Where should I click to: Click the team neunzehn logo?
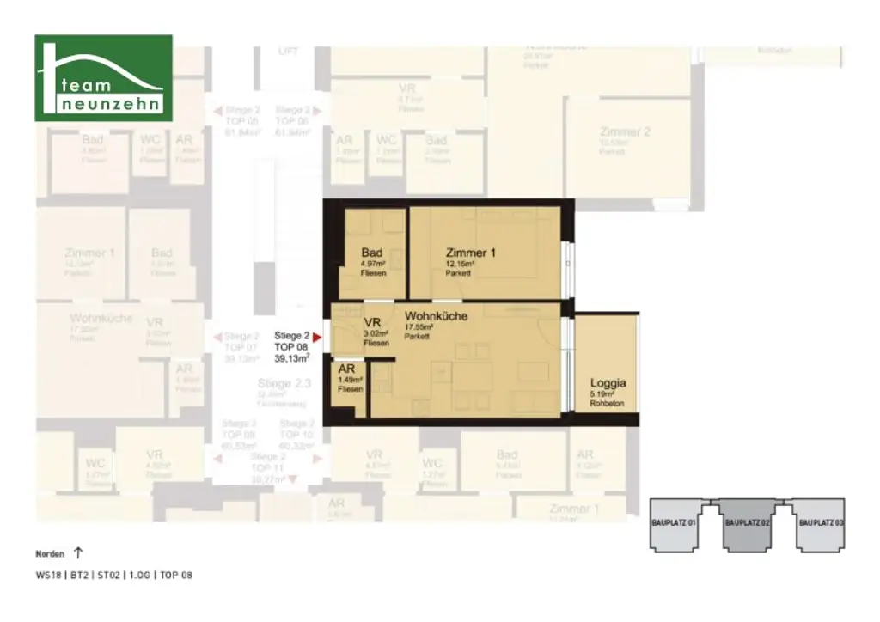click(x=103, y=78)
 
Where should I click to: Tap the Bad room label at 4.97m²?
click(x=372, y=253)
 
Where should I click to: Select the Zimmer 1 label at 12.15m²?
click(x=470, y=253)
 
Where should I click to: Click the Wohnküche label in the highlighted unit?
click(x=437, y=316)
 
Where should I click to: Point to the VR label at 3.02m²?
click(x=372, y=322)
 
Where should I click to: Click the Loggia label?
click(x=608, y=384)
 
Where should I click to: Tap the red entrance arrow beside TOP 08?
click(x=316, y=337)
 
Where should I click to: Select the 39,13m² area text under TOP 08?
click(x=292, y=360)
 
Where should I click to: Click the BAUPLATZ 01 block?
click(x=679, y=523)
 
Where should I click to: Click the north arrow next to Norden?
click(x=79, y=553)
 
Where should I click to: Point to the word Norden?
click(x=50, y=554)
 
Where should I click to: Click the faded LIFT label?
click(x=289, y=52)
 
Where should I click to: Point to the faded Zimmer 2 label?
click(x=625, y=131)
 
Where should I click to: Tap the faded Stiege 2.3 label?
click(x=279, y=383)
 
